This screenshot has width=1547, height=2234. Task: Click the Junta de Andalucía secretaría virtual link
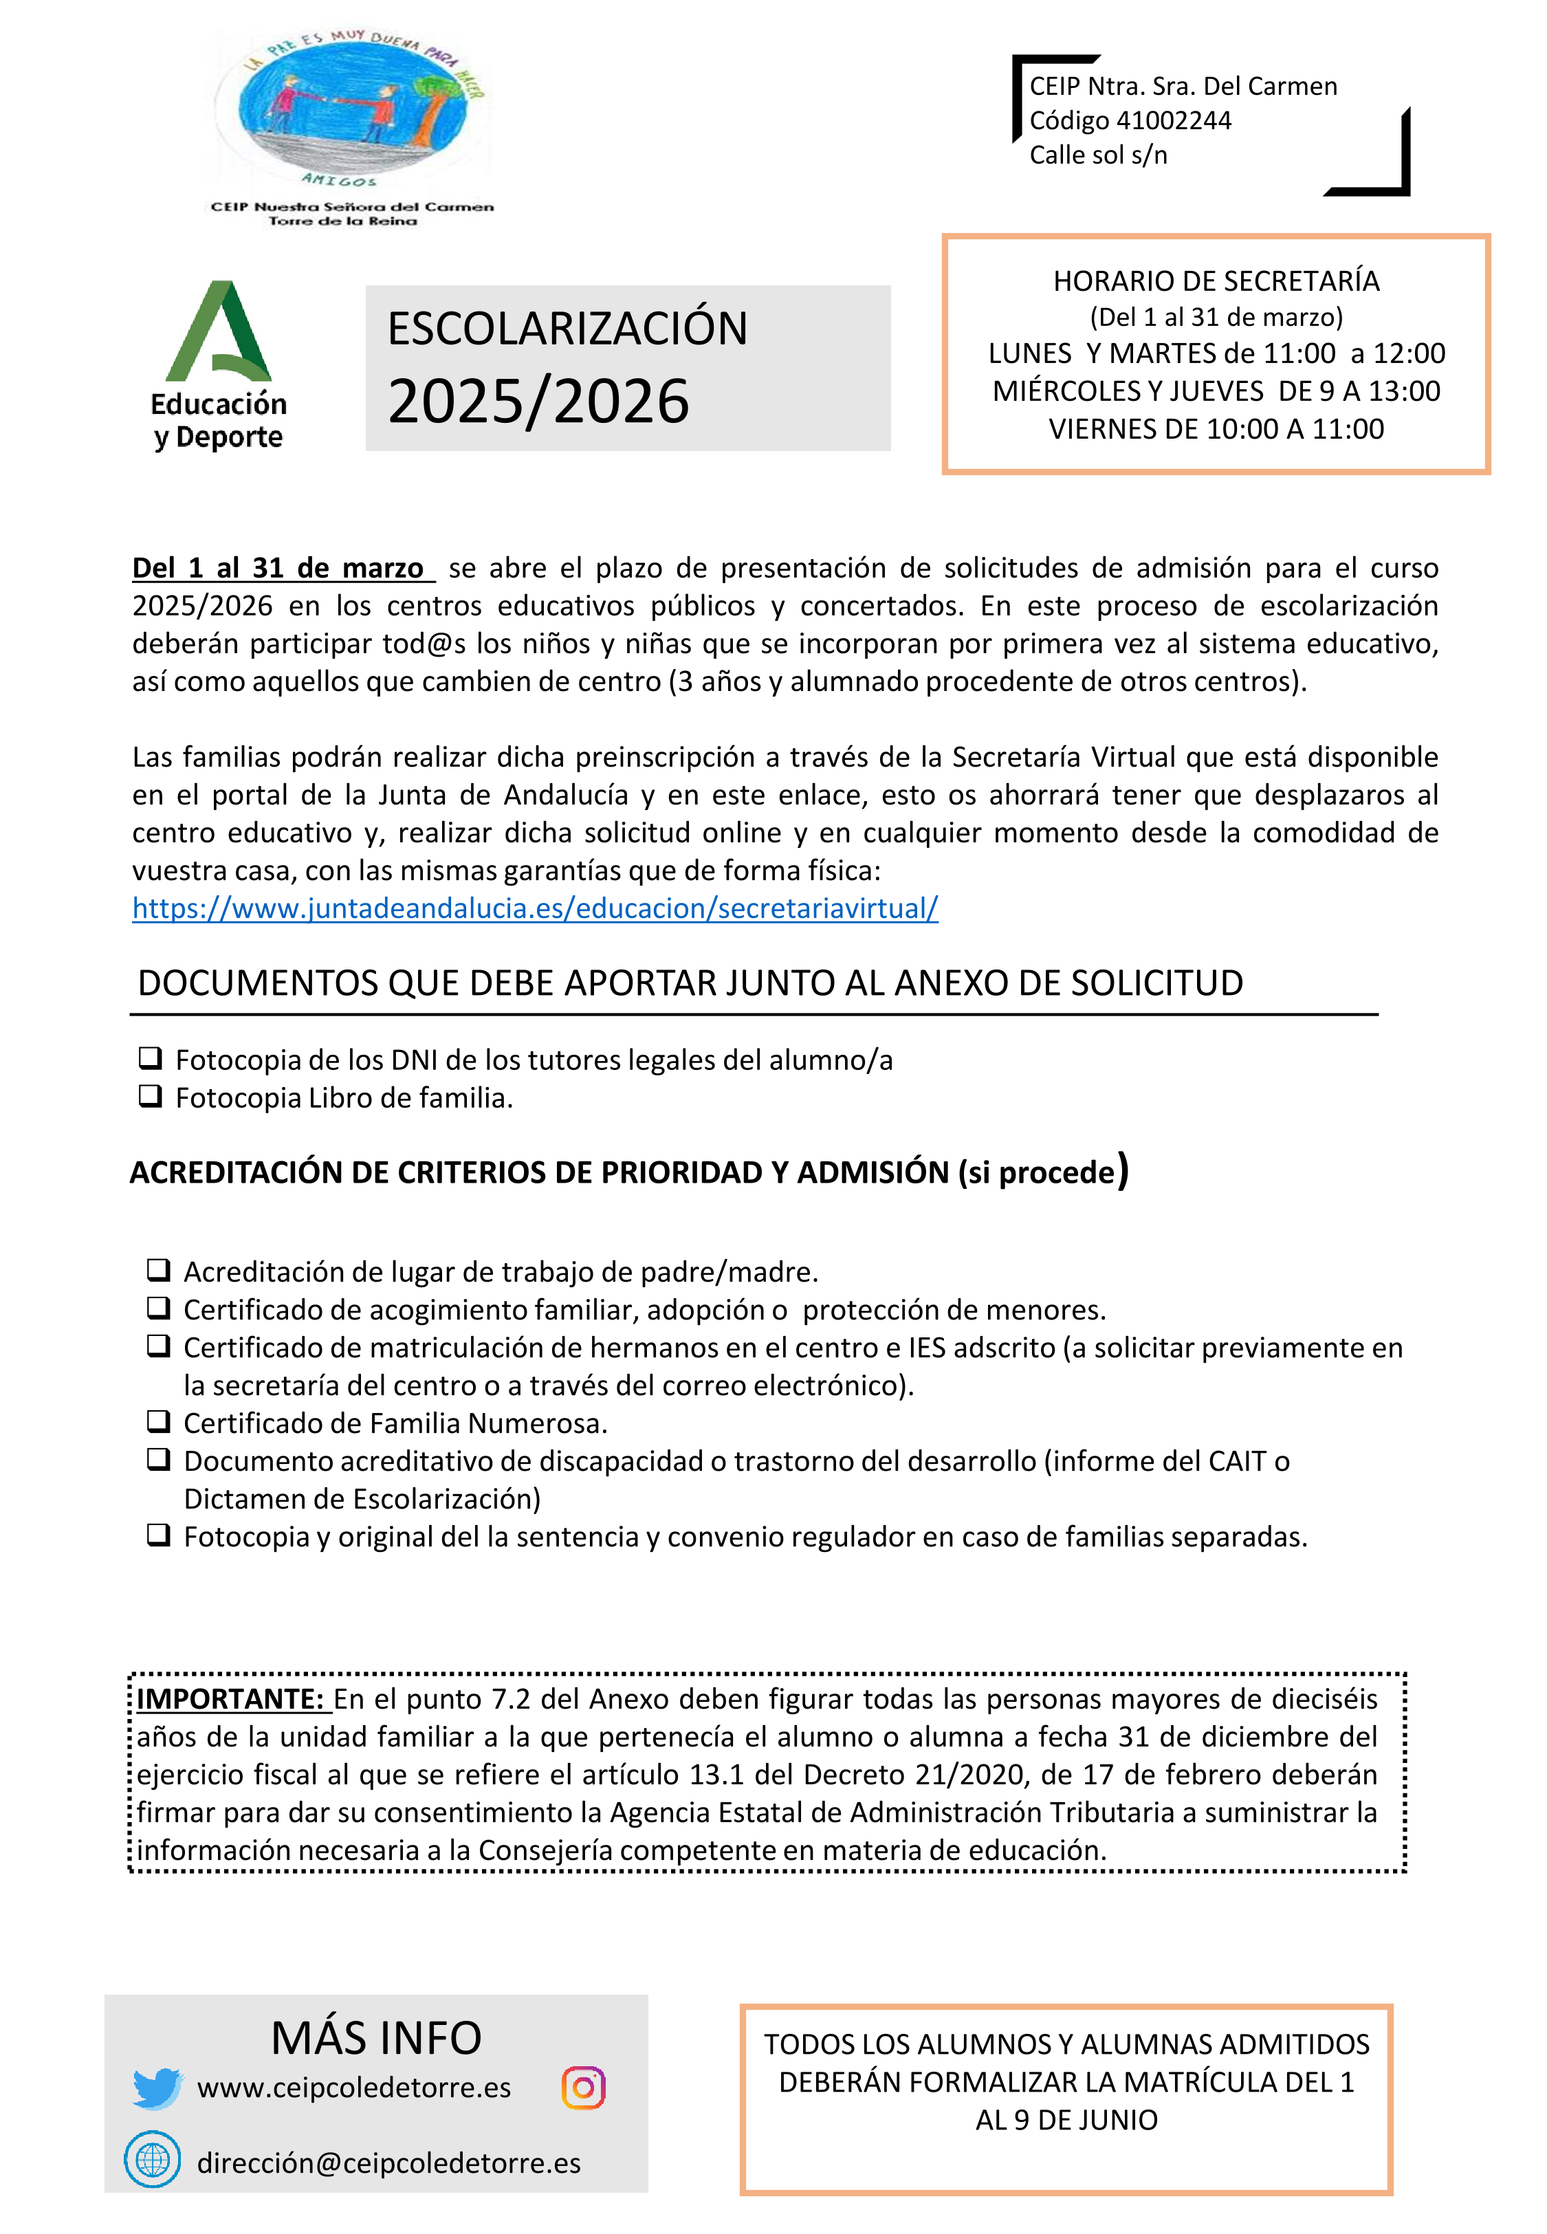click(535, 908)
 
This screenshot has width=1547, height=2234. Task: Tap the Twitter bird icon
click(157, 2088)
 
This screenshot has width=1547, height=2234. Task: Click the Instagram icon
click(584, 2087)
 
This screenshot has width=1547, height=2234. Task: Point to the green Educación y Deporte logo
click(219, 364)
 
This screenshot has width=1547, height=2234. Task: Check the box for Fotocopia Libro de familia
click(151, 1096)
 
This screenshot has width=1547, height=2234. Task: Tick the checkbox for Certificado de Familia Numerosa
click(158, 1421)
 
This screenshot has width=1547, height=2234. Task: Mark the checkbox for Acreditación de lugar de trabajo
click(158, 1270)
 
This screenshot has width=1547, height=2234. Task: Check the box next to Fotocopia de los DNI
click(151, 1058)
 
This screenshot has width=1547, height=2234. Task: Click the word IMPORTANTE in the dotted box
click(230, 1699)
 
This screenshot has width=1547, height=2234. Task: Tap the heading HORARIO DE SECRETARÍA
click(1216, 281)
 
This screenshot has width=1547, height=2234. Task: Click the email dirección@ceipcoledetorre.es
click(388, 2162)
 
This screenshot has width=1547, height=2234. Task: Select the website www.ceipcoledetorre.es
click(354, 2088)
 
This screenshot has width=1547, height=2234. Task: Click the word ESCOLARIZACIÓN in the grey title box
click(568, 327)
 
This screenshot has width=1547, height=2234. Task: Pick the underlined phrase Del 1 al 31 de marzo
click(278, 568)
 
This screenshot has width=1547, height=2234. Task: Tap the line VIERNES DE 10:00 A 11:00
click(1216, 428)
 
